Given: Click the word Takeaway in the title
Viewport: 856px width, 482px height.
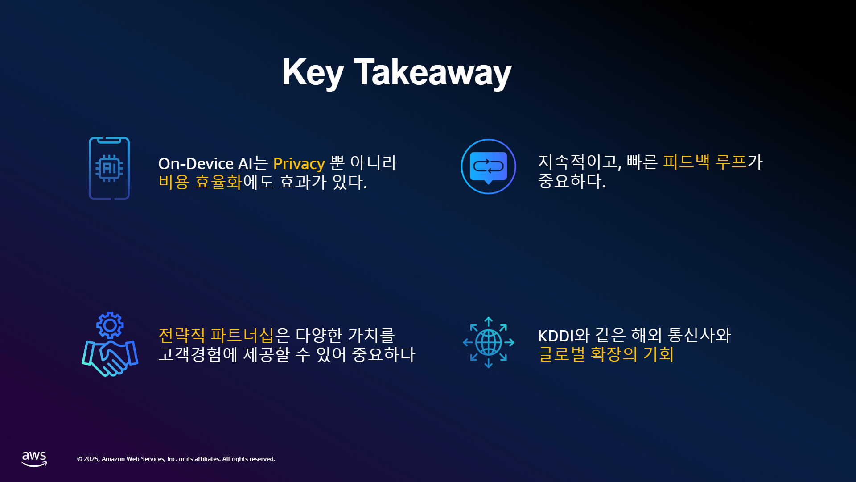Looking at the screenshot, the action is coord(432,72).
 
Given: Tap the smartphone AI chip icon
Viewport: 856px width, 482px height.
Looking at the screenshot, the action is coord(109,168).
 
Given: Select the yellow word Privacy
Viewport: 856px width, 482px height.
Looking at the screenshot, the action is coord(299,164).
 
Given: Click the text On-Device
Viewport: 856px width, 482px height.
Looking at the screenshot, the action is coord(196,163).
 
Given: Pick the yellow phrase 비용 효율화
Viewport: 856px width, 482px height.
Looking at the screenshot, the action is coord(200,182).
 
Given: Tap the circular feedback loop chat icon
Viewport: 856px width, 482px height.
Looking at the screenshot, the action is coord(488,166).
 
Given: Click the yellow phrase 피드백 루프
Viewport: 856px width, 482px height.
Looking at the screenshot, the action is coord(704,162).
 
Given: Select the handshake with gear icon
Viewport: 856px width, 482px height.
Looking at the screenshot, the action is coord(110,344).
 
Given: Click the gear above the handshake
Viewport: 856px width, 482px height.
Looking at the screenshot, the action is coord(110,325).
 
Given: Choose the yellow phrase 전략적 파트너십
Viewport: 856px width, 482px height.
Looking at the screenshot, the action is coord(216,335).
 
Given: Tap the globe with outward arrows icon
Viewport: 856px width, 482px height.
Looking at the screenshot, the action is coord(489,342).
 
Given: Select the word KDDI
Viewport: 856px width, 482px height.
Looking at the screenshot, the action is coord(556,336).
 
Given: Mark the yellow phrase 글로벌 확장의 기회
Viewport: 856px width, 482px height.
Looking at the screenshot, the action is coord(605,354).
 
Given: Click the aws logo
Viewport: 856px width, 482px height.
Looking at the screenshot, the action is coord(34,459).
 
